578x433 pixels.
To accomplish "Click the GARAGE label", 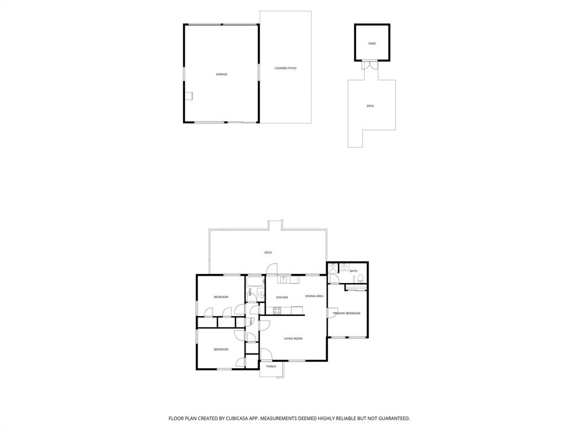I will coord(221,74).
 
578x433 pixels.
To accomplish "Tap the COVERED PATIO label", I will coord(285,68).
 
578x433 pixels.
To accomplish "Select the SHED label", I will coord(372,43).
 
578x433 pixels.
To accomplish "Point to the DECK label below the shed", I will coord(370,106).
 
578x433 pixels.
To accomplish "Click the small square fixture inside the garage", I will coord(189,96).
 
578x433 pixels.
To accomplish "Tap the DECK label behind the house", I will coord(268,253).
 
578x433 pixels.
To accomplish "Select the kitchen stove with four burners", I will coord(277,310).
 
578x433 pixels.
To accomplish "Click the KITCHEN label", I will coord(282,297).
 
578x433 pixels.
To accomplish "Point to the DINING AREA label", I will coord(314,296).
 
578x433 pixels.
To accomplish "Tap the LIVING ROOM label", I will coord(293,338).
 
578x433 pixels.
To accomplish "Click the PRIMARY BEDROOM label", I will coord(347,313).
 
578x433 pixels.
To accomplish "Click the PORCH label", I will coord(271,366).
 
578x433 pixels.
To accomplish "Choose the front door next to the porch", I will coord(266,355).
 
